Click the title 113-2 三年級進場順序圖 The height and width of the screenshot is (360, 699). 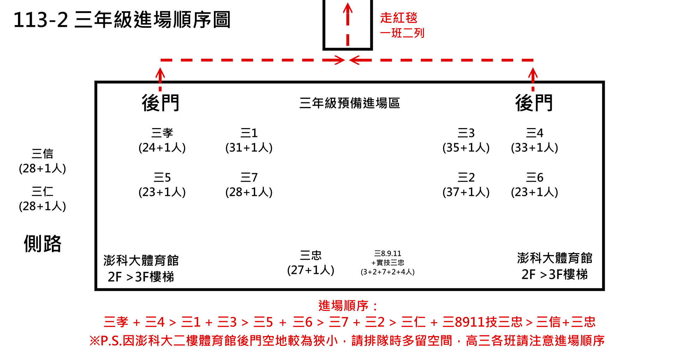click(x=122, y=20)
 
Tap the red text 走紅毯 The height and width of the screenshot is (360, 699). click(x=399, y=18)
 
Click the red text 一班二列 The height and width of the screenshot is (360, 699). click(x=402, y=33)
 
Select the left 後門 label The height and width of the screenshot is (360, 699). click(x=161, y=103)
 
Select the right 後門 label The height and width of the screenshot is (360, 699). click(x=534, y=103)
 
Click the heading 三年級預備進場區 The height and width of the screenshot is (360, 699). click(x=349, y=103)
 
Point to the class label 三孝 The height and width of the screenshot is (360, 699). click(x=162, y=133)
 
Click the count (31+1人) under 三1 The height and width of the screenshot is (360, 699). click(x=249, y=148)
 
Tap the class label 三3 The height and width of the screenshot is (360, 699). click(x=466, y=133)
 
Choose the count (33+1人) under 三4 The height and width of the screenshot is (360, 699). click(x=534, y=148)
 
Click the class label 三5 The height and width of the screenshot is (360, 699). click(x=162, y=177)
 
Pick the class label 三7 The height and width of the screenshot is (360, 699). click(x=249, y=177)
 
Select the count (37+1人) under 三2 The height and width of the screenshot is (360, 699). click(x=466, y=192)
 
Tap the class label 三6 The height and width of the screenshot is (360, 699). click(x=534, y=177)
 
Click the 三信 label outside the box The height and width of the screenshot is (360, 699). click(x=42, y=154)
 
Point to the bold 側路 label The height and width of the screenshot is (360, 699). click(x=42, y=244)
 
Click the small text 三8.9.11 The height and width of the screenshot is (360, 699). click(x=388, y=253)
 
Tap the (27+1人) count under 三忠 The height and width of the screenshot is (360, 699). click(x=311, y=270)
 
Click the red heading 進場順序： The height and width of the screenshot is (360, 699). click(x=348, y=306)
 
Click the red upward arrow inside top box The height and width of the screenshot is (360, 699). click(x=348, y=18)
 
